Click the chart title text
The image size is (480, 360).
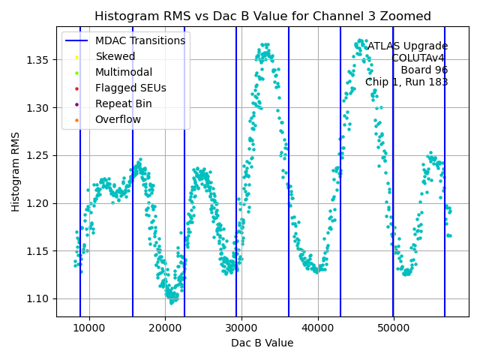pyautogui.click(x=262, y=16)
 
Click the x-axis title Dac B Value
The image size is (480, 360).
pyautogui.click(x=262, y=343)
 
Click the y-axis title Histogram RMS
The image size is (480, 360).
pyautogui.click(x=16, y=172)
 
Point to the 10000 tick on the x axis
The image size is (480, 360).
pyautogui.click(x=89, y=328)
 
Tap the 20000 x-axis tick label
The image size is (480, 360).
pyautogui.click(x=166, y=328)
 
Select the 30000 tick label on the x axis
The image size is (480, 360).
pyautogui.click(x=241, y=328)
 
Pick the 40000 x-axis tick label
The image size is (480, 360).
pyautogui.click(x=318, y=328)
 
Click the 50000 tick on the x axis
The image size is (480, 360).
pyautogui.click(x=394, y=328)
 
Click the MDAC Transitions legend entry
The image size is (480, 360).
pyautogui.click(x=139, y=40)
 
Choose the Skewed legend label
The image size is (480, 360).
pyautogui.click(x=115, y=56)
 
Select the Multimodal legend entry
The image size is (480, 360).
pyautogui.click(x=123, y=72)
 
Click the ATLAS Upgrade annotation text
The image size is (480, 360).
pyautogui.click(x=407, y=46)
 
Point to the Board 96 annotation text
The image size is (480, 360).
pyautogui.click(x=424, y=70)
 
